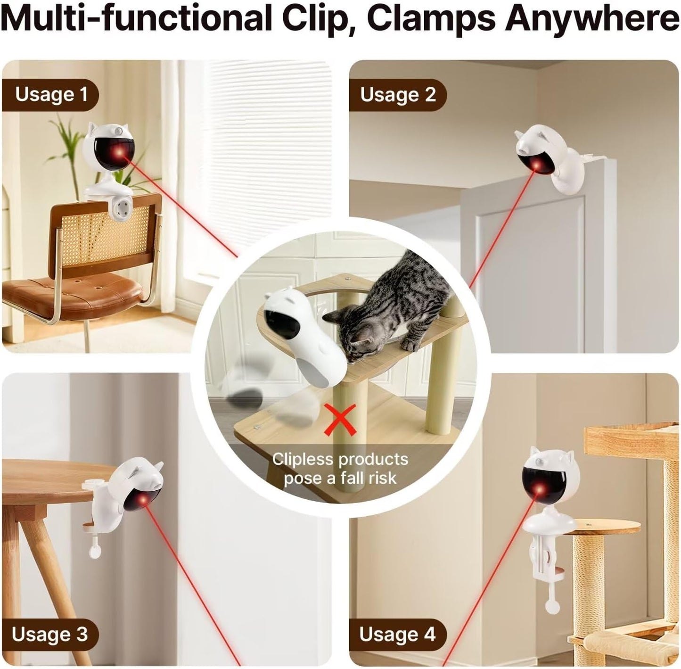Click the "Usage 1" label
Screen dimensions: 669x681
coord(51,94)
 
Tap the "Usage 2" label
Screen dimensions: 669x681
coord(398,95)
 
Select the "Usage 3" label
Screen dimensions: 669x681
coord(50,634)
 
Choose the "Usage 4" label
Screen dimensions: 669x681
coord(397,635)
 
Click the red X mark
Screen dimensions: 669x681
coord(341,421)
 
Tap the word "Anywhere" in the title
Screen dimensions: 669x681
coord(592,19)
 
